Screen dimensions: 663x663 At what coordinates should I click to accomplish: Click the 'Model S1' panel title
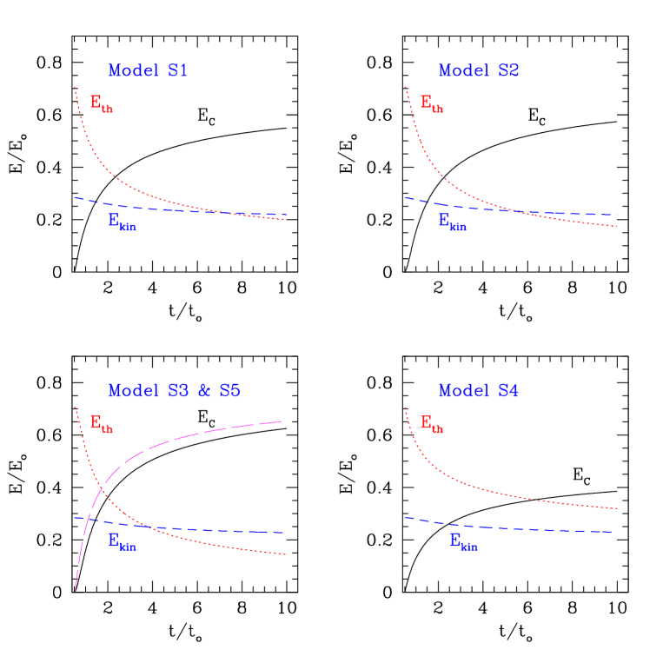click(148, 71)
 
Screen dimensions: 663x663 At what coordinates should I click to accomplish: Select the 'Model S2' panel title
click(478, 71)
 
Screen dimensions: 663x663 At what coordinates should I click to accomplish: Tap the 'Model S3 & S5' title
click(174, 392)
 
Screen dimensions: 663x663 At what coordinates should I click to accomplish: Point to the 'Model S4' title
click(478, 392)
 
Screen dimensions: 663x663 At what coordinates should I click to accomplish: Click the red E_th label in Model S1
click(101, 103)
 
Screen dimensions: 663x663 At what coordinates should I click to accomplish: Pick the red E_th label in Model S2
click(431, 103)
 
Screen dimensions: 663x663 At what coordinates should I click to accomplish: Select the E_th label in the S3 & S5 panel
click(101, 424)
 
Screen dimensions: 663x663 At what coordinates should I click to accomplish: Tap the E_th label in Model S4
click(431, 424)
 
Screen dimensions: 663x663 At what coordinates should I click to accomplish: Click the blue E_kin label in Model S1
click(122, 222)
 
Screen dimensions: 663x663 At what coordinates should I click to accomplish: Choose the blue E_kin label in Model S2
click(452, 222)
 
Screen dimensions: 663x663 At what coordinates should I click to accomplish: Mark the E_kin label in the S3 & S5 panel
click(122, 541)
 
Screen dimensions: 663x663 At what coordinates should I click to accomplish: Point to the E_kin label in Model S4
click(463, 541)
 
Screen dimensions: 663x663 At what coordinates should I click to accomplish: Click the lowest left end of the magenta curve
click(76, 591)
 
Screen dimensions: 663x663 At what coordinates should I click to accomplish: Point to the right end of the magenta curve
click(281, 421)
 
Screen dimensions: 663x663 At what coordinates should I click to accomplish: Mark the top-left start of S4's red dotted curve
click(405, 408)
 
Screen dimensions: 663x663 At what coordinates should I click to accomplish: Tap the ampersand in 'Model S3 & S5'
click(205, 392)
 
